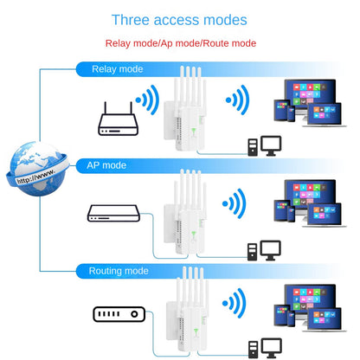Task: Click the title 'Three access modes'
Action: pos(179,20)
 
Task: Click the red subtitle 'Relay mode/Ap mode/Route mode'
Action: pos(179,43)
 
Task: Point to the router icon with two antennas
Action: pos(118,119)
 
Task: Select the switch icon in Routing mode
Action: pos(117,315)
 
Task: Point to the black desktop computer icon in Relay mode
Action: pos(264,145)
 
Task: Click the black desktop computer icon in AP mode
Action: pos(264,250)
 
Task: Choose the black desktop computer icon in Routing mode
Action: pos(264,346)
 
